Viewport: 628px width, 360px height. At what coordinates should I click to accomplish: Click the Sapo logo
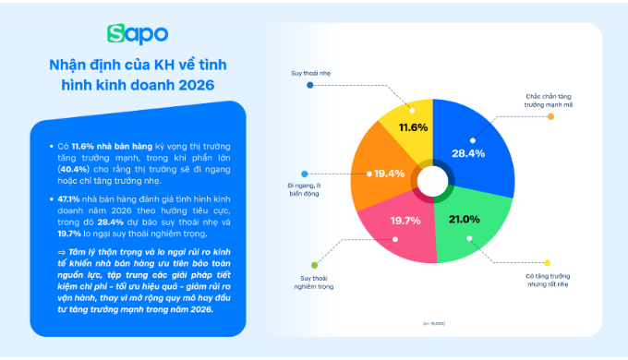pos(138,34)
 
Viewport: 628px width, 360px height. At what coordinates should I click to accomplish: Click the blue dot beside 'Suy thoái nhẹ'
pos(309,84)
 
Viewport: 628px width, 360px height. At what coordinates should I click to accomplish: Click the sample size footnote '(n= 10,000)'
pos(432,322)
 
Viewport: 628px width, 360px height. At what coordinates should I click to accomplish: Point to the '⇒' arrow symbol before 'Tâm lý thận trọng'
pos(62,251)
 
